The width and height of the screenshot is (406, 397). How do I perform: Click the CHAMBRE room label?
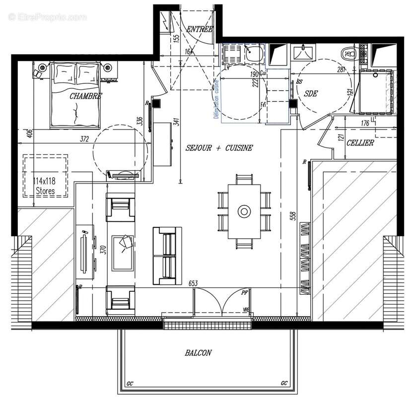86,96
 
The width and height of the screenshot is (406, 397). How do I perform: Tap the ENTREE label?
199,30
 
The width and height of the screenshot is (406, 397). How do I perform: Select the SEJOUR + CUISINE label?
219,148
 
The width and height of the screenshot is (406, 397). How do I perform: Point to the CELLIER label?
360,143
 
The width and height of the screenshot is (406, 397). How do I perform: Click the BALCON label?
198,353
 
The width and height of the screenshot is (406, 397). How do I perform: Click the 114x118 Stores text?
44,185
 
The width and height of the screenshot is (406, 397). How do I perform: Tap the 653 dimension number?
193,283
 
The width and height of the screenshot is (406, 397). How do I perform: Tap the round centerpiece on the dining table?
244,211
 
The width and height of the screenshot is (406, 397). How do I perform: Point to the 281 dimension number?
340,70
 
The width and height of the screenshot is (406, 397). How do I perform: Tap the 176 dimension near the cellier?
365,124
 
